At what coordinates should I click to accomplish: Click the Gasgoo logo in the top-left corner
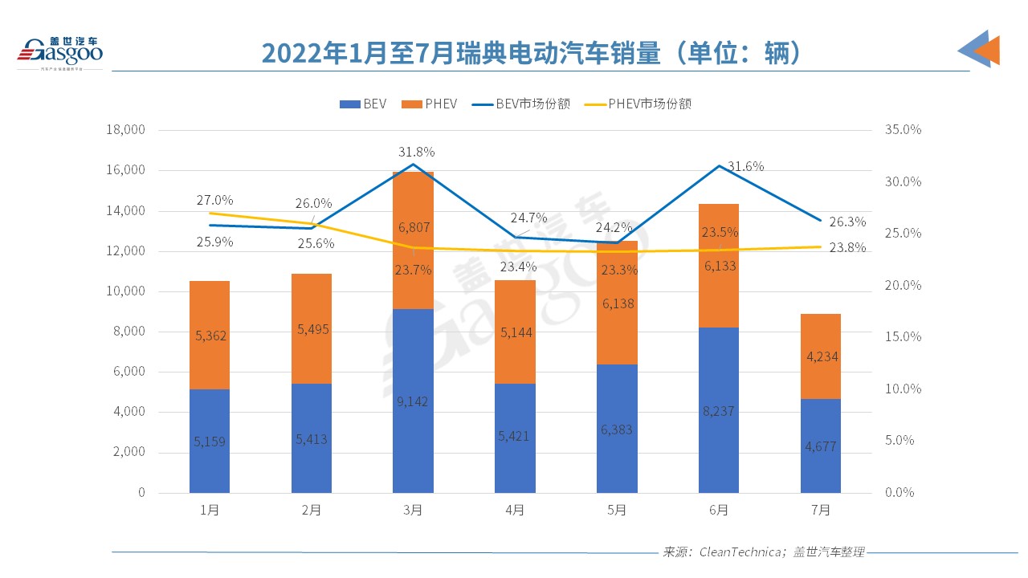tap(60, 52)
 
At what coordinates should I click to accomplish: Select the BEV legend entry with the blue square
tap(363, 104)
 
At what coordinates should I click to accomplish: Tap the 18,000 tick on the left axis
tap(124, 130)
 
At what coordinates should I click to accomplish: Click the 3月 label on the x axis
tap(413, 510)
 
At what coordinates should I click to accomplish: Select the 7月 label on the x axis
tap(820, 510)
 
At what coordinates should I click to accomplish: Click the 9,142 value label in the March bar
tap(413, 401)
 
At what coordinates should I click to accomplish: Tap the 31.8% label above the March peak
tap(416, 152)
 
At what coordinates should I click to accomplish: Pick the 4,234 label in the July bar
tap(820, 356)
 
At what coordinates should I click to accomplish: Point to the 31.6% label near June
tap(745, 166)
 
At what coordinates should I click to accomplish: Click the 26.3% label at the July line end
tap(846, 222)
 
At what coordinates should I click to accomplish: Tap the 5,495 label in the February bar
tap(311, 329)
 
